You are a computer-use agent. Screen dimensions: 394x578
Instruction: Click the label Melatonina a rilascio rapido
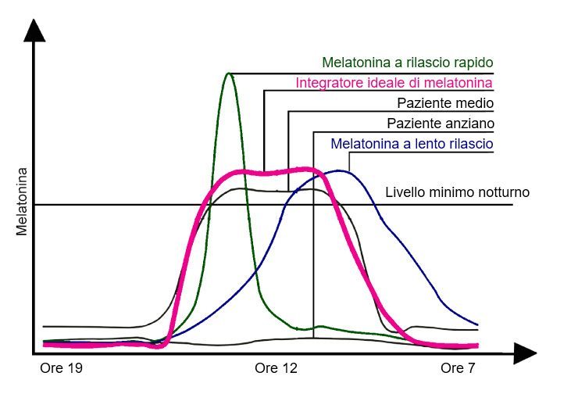point(408,63)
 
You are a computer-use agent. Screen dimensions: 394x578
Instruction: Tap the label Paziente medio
point(445,103)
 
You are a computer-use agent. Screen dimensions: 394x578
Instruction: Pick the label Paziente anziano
point(441,124)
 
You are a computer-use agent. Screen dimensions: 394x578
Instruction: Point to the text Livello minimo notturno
point(458,192)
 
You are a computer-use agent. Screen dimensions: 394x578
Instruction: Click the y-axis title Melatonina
point(22,201)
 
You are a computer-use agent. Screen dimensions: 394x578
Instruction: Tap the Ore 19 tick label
point(59,367)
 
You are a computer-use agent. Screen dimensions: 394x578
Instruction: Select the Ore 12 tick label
point(277,367)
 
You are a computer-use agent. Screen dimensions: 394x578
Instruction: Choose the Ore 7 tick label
point(458,367)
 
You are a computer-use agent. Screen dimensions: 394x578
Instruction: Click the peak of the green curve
point(228,73)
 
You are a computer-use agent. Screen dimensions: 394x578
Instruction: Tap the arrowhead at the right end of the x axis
point(525,353)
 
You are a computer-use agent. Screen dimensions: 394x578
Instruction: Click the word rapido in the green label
point(473,63)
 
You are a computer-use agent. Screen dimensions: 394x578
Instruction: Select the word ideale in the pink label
point(375,83)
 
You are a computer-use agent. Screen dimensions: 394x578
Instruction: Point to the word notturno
point(506,192)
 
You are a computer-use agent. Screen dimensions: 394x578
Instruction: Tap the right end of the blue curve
point(477,324)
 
